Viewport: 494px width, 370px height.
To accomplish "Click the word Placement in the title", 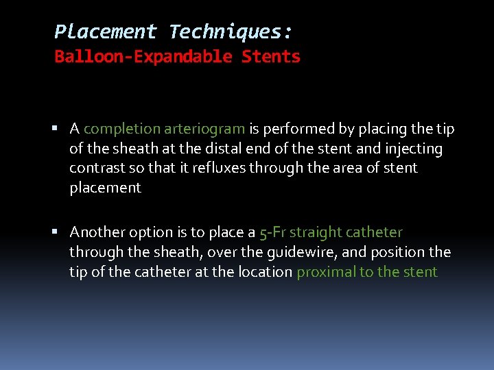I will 106,32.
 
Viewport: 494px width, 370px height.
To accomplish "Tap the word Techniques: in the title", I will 231,32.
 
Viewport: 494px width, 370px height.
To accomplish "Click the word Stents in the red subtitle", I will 271,57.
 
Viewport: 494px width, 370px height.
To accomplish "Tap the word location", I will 265,272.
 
